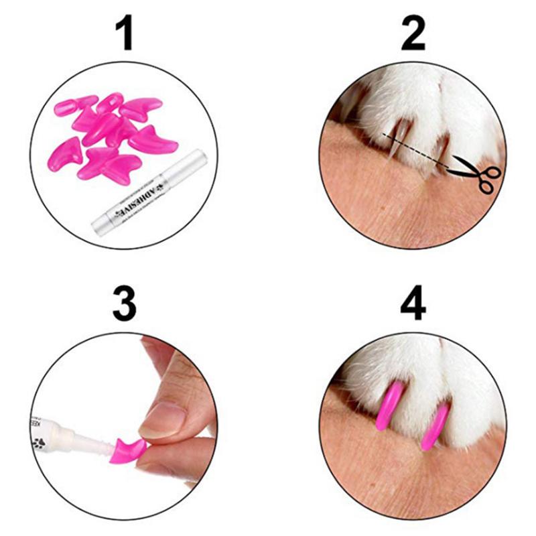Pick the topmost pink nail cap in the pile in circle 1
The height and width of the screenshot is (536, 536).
coord(111,104)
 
